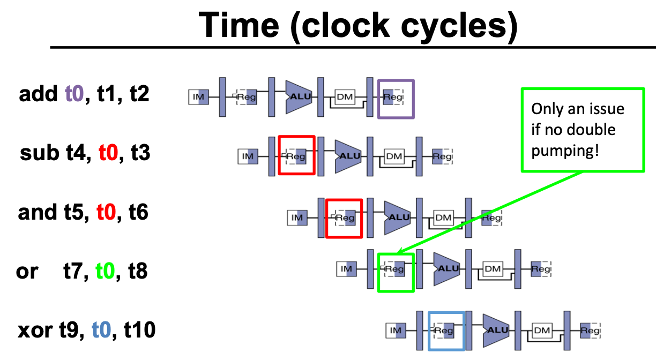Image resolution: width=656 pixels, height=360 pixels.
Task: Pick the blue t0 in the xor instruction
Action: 102,331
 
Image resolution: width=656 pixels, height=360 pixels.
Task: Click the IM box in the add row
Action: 198,97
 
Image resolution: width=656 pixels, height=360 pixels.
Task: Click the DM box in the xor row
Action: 542,331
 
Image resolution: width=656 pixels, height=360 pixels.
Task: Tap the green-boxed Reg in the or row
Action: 396,269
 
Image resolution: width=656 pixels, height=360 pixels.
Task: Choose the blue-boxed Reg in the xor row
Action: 444,331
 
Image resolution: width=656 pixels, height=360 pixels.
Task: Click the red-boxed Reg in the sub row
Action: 296,156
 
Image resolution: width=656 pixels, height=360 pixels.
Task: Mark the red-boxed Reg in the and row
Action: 345,218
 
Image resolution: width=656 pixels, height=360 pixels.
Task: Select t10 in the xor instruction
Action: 139,331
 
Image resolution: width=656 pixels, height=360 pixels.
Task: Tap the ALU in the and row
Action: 398,217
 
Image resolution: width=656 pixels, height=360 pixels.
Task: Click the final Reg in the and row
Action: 491,218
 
